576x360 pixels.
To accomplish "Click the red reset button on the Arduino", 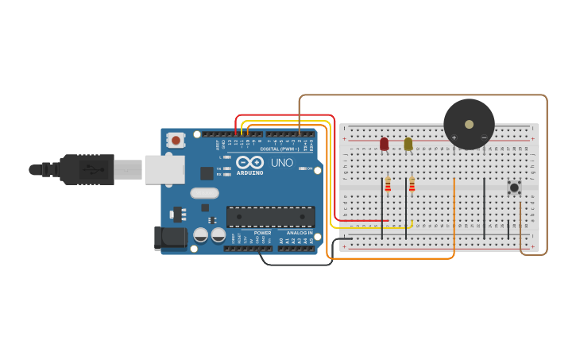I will click(176, 141).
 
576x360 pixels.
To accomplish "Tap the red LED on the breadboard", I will click(385, 144).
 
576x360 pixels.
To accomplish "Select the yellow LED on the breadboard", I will click(408, 144).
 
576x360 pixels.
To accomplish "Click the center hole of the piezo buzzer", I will click(469, 124).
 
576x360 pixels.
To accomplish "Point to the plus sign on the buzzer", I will click(454, 137).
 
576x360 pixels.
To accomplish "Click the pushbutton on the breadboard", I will click(514, 188).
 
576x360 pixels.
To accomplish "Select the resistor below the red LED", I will click(388, 185).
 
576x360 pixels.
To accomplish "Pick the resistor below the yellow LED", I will click(412, 185).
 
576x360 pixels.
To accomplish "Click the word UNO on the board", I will click(282, 163).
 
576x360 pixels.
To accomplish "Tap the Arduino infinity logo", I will click(249, 162).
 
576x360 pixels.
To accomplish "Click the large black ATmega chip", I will click(270, 216).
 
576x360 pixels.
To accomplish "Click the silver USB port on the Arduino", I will click(164, 169).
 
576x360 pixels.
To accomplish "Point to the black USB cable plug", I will click(87, 169).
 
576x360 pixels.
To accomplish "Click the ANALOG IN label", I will click(299, 233).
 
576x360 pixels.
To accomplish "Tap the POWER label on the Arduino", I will click(262, 233).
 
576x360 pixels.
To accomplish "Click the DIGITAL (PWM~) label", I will click(280, 149).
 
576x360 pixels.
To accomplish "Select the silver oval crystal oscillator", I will click(204, 192).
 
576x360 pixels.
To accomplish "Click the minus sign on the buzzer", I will click(484, 137).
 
